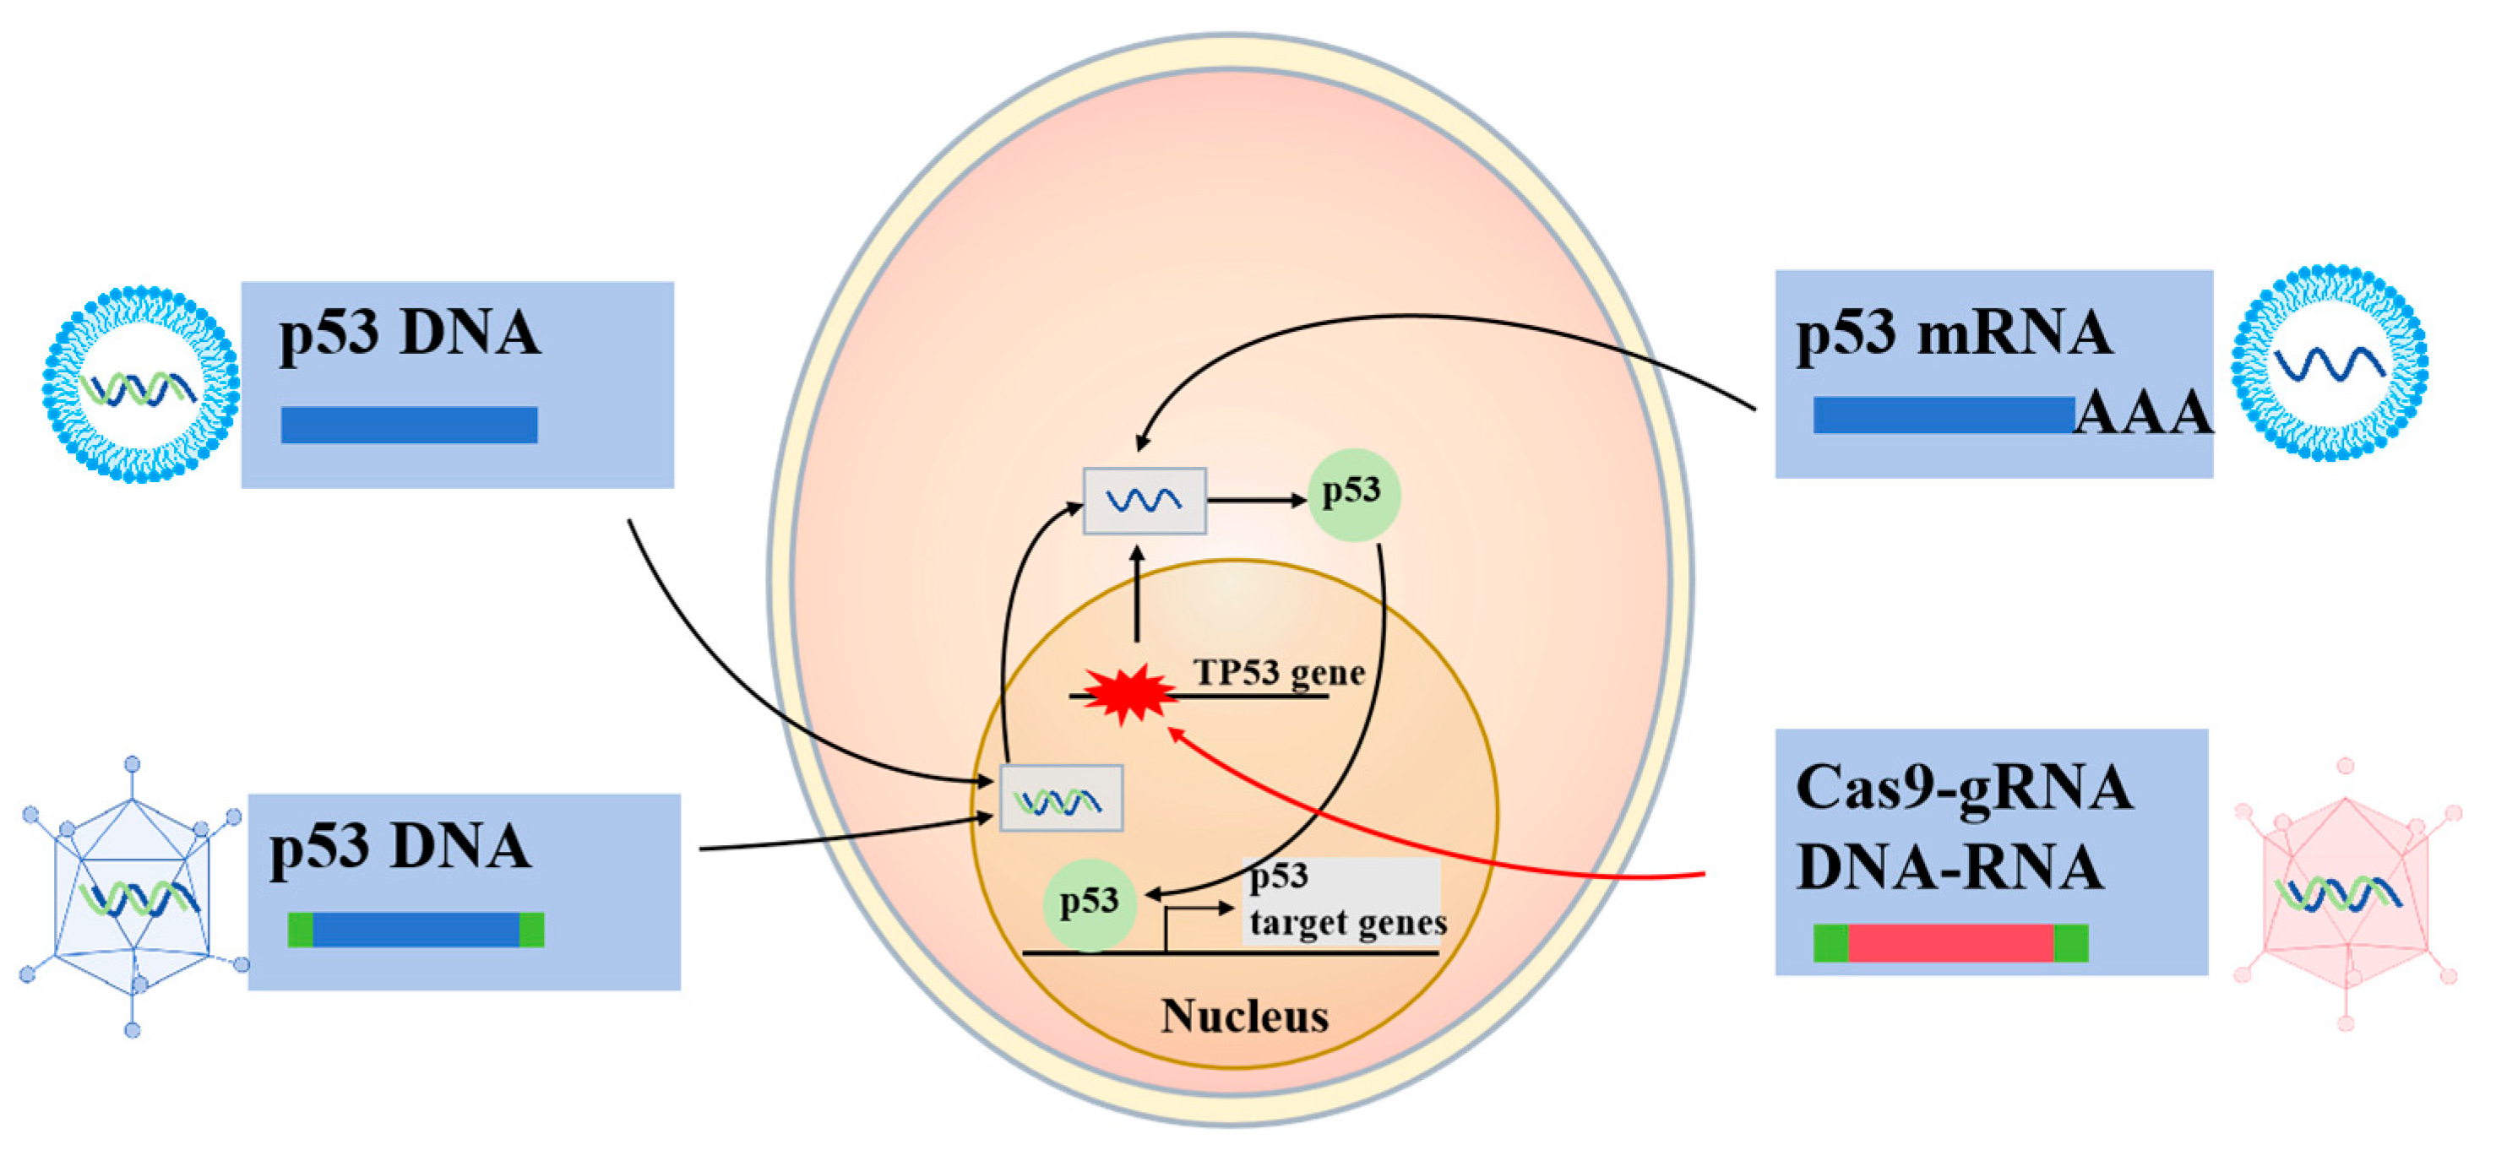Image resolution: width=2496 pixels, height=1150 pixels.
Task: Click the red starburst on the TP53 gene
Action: tap(1128, 694)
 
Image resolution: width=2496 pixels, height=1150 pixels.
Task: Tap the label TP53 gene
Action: tap(1279, 671)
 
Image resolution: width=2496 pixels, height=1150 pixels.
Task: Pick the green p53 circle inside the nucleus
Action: tap(1089, 903)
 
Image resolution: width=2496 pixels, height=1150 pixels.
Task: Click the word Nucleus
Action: tap(1245, 1017)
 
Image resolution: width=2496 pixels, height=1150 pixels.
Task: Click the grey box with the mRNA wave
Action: tap(1145, 500)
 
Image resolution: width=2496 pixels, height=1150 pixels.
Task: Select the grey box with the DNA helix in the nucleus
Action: tap(1061, 797)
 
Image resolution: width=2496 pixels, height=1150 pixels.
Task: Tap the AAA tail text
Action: tap(2143, 415)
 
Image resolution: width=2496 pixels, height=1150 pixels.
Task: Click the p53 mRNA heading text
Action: tap(1954, 333)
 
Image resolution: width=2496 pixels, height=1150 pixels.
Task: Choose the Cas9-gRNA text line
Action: tap(1963, 787)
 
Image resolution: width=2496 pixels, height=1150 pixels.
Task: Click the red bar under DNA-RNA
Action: tap(1950, 942)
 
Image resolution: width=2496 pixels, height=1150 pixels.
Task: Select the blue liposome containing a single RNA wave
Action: tap(2330, 363)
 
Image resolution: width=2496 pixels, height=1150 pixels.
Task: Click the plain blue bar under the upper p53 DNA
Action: tap(409, 425)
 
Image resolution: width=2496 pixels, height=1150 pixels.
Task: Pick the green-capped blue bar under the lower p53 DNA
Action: tap(416, 929)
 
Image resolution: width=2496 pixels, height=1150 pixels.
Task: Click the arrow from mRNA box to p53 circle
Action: tap(1257, 500)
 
